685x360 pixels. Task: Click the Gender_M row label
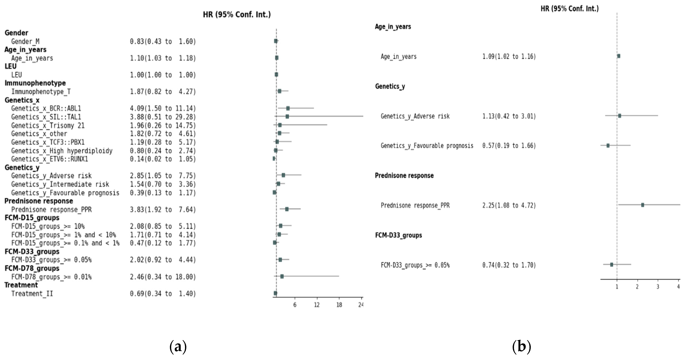pyautogui.click(x=25, y=41)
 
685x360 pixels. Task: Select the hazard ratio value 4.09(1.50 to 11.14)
pyautogui.click(x=163, y=109)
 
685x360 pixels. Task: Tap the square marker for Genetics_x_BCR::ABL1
pyautogui.click(x=288, y=108)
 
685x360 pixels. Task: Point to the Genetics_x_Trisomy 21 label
pyautogui.click(x=48, y=125)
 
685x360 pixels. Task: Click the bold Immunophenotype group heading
pyautogui.click(x=35, y=83)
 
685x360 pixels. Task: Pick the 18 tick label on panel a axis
pyautogui.click(x=339, y=305)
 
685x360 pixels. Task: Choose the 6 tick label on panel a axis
pyautogui.click(x=295, y=305)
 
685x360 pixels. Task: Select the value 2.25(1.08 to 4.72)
pyautogui.click(x=509, y=205)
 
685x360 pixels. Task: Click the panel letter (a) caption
pyautogui.click(x=178, y=346)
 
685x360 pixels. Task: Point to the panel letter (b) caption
pyautogui.click(x=521, y=346)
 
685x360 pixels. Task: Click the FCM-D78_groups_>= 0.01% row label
pyautogui.click(x=51, y=277)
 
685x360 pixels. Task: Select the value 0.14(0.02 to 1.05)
pyautogui.click(x=163, y=159)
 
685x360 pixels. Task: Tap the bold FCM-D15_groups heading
pyautogui.click(x=32, y=218)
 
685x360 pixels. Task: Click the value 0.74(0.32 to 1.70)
pyautogui.click(x=509, y=265)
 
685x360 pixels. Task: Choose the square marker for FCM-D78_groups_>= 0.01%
pyautogui.click(x=282, y=276)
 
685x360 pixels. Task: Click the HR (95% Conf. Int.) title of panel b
pyautogui.click(x=570, y=9)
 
